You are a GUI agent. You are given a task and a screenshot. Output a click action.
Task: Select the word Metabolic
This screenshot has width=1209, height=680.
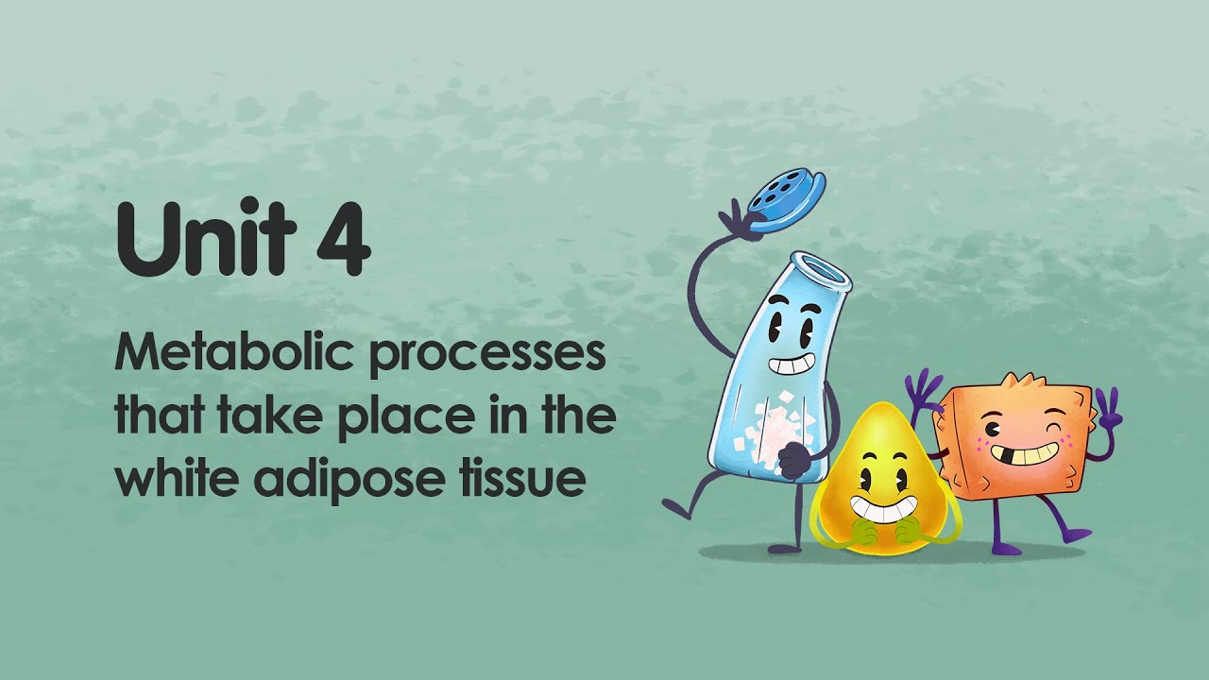(x=235, y=354)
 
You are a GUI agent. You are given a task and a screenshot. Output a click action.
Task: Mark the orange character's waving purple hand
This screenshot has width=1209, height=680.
(x=924, y=389)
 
